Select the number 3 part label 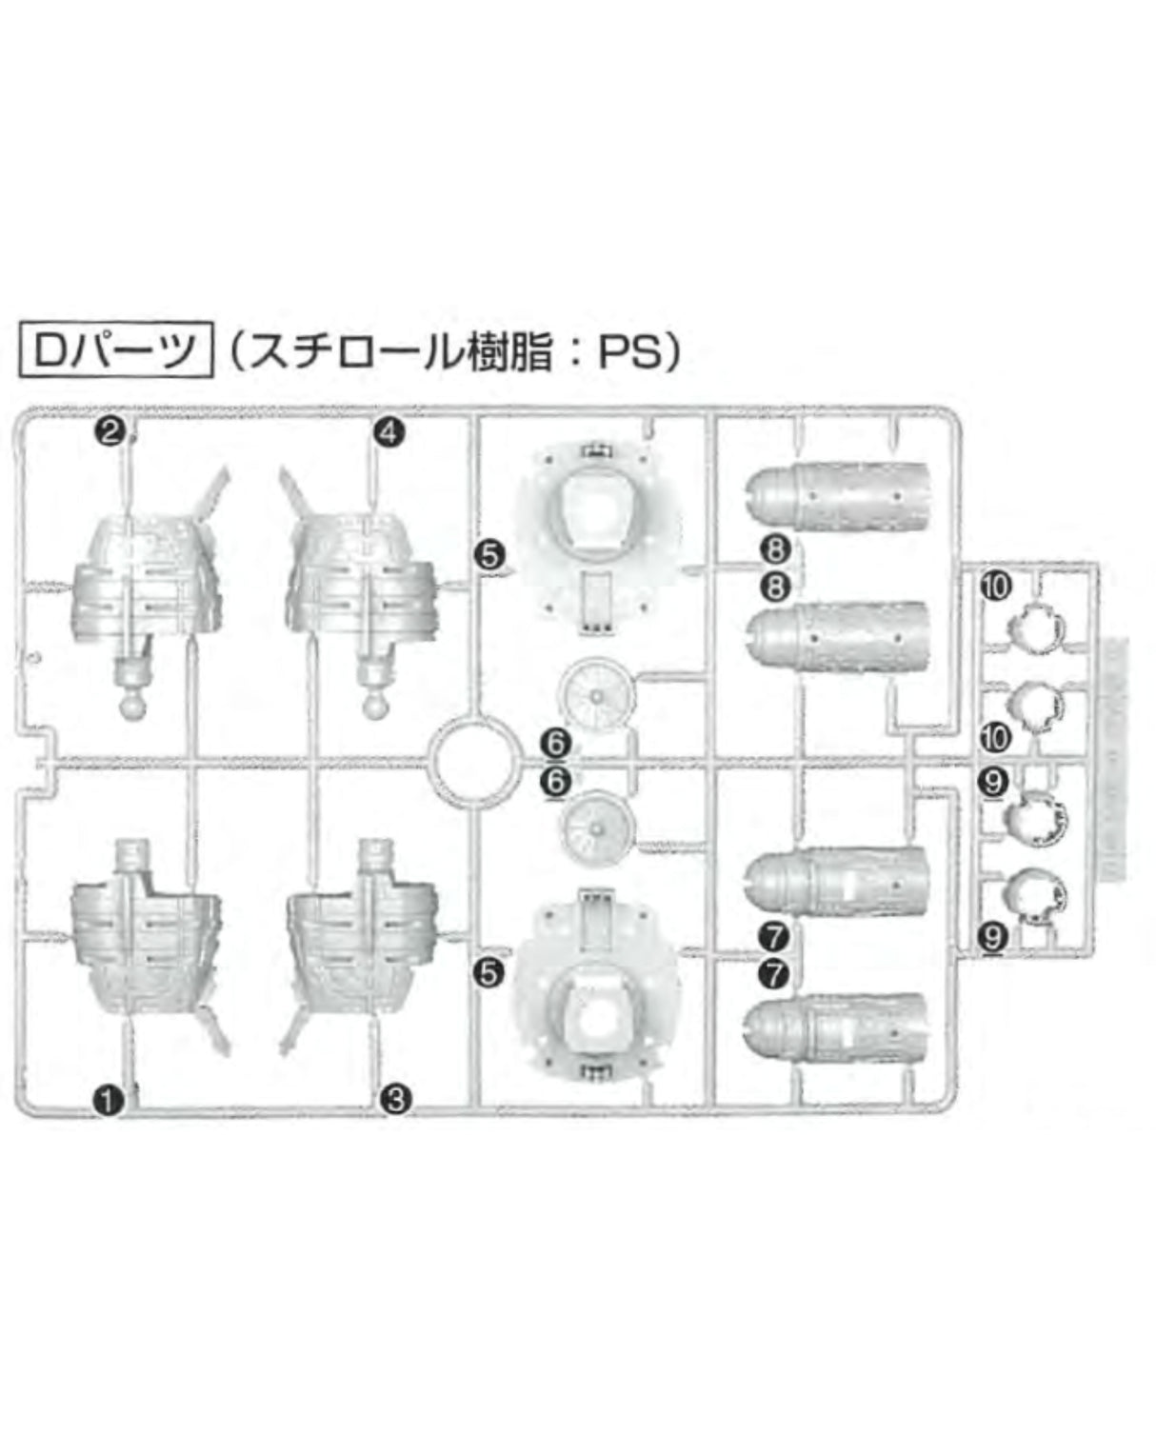tap(396, 1099)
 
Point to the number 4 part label tap(389, 433)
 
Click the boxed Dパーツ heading tap(116, 351)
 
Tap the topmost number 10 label tap(996, 587)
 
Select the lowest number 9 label tap(993, 938)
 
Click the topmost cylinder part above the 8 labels tap(837, 496)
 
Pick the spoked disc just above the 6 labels tap(597, 695)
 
